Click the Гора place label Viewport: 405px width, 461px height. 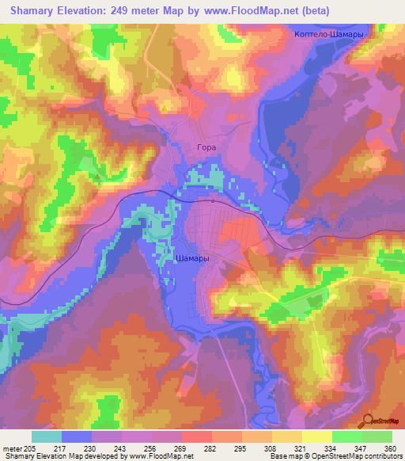pyautogui.click(x=205, y=147)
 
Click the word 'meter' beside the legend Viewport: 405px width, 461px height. pyautogui.click(x=13, y=449)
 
